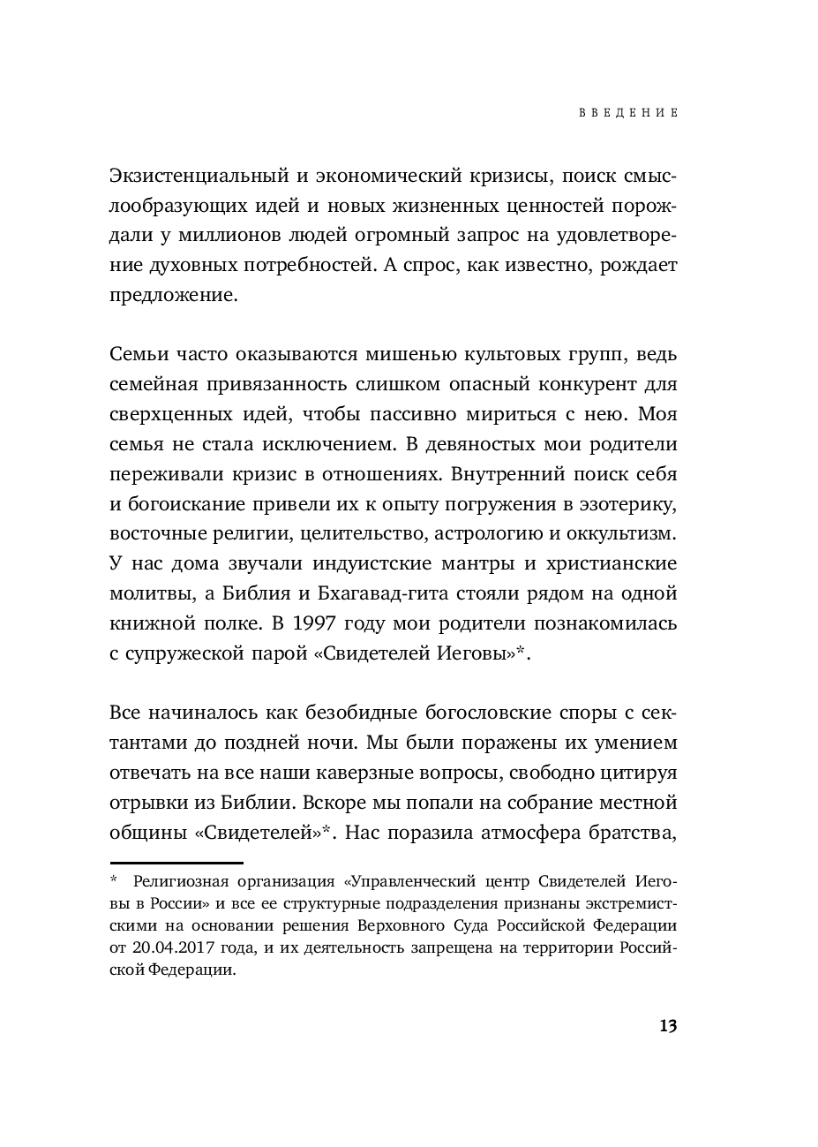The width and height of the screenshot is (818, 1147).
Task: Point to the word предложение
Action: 174,295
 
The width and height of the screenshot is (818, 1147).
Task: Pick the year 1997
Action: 315,623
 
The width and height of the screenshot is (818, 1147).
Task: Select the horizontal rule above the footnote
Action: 176,863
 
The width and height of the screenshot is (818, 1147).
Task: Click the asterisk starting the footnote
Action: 114,880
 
